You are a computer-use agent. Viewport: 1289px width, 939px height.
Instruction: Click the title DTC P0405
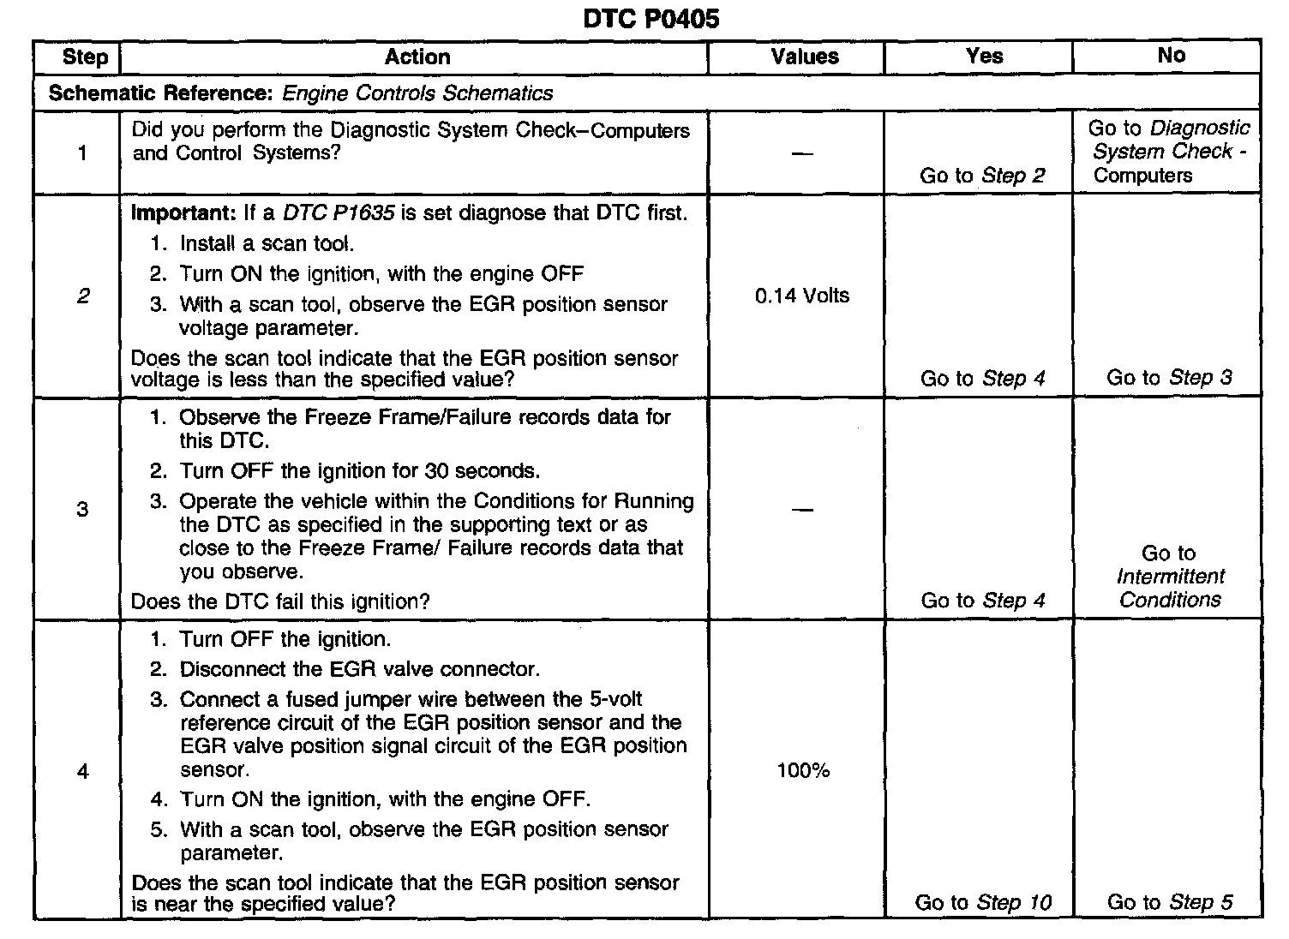pos(650,19)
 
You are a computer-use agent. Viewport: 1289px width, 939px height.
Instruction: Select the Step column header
pos(85,57)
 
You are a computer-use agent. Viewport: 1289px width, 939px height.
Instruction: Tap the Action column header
pos(417,57)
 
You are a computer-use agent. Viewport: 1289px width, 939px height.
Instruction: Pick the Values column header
pos(804,57)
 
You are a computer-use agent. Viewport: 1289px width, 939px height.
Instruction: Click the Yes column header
pos(984,57)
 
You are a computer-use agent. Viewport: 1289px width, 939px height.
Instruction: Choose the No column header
pos(1171,56)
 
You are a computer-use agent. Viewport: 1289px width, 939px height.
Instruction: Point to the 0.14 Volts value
pos(802,296)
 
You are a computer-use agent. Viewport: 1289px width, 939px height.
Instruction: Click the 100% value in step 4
pos(803,771)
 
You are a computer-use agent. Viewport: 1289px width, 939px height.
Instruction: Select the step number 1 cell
pos(82,153)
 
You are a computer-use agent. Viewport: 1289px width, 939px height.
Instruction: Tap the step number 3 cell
pos(82,510)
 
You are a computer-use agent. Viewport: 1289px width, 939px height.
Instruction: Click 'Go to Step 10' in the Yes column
pos(983,902)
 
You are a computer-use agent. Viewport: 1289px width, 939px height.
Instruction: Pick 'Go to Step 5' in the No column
pos(1170,902)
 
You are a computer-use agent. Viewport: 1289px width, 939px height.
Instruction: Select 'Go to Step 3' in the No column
pos(1169,378)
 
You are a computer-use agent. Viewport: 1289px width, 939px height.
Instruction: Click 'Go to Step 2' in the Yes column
pos(982,176)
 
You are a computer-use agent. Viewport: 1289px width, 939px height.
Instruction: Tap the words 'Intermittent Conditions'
pos(1170,588)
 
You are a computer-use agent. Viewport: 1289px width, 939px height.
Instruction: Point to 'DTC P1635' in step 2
pos(339,212)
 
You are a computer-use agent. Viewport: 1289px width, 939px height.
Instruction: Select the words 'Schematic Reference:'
pos(160,93)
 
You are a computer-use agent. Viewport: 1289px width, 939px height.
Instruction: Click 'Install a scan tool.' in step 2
pos(267,243)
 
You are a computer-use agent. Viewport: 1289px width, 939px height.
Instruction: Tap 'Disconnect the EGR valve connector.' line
pos(359,669)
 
